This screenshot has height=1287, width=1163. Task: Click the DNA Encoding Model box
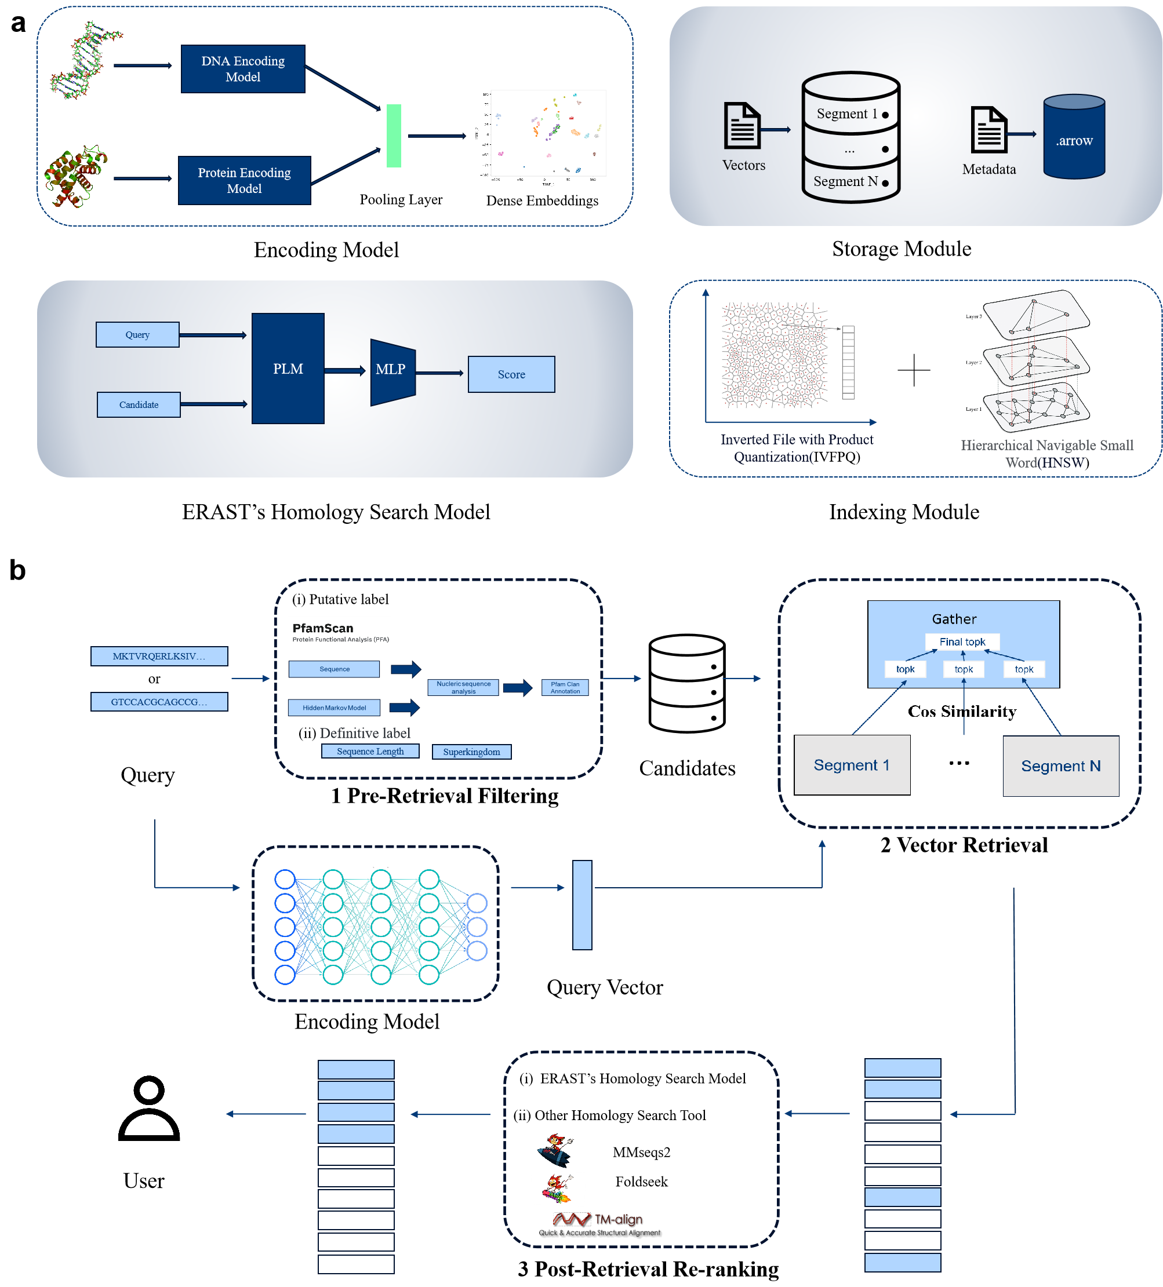(243, 69)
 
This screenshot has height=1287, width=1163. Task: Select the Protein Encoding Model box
(244, 180)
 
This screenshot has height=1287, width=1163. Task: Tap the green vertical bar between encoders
(394, 136)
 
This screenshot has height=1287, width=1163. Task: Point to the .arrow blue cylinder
(1074, 137)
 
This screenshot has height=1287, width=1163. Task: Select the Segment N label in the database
(846, 181)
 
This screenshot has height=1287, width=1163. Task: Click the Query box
(137, 334)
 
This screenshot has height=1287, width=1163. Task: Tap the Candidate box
(139, 404)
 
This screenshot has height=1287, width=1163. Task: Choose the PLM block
(288, 369)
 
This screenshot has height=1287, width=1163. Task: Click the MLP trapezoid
(391, 371)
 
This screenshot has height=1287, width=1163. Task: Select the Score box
(511, 374)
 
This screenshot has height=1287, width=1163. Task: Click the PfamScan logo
(339, 632)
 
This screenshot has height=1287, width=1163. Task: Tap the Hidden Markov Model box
(334, 708)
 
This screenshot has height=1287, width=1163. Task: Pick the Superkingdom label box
(471, 752)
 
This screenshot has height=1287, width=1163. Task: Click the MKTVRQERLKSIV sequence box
(159, 657)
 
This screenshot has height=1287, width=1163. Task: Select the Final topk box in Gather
(962, 641)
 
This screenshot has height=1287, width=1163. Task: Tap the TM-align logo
(601, 1223)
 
